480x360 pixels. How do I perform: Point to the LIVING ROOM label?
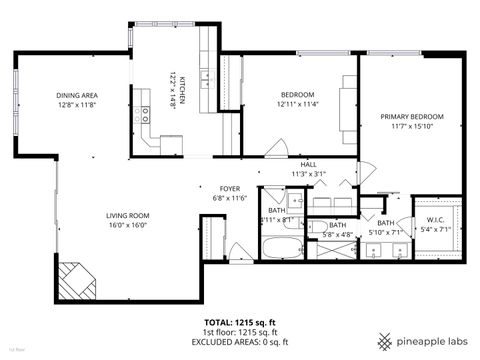[128, 215]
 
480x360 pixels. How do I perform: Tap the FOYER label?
[229, 188]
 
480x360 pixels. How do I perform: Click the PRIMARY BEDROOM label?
[411, 117]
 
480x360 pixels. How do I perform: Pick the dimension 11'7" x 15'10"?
[411, 127]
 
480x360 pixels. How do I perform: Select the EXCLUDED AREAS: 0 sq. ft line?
[239, 342]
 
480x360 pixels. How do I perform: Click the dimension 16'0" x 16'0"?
[128, 225]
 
